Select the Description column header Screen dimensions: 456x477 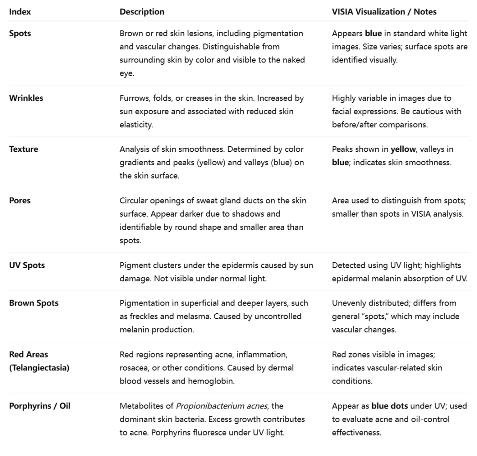pos(142,12)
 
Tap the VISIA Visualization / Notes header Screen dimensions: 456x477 pos(384,12)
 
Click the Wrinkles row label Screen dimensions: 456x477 pos(26,98)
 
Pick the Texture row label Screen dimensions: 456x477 pos(24,149)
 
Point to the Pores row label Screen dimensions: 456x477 pos(20,200)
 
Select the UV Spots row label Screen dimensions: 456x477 pos(27,265)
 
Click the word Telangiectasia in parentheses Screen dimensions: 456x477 pos(39,367)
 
